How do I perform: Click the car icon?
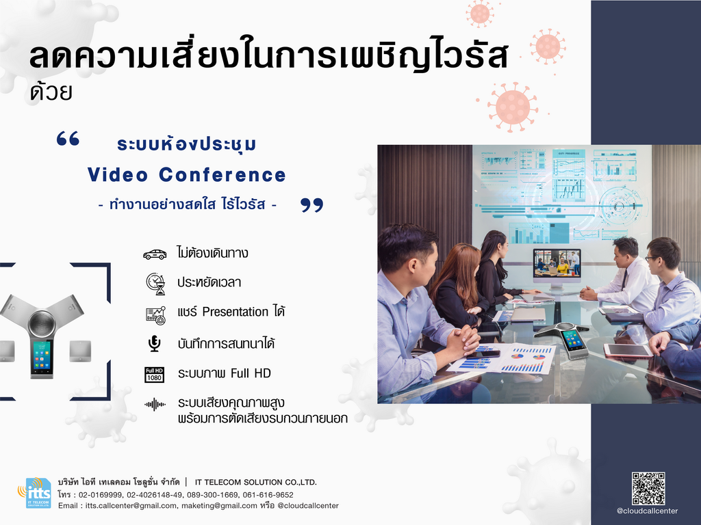click(x=155, y=254)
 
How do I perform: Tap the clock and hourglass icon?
click(x=155, y=284)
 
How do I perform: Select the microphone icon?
click(x=155, y=343)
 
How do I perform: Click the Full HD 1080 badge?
click(x=154, y=375)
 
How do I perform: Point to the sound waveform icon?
click(x=155, y=405)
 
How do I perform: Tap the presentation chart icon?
click(x=155, y=315)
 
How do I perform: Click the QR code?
click(x=648, y=488)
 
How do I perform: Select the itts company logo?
click(x=34, y=492)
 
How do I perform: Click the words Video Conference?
click(x=186, y=174)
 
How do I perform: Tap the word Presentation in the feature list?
click(x=235, y=311)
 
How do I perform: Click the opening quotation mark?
click(x=68, y=138)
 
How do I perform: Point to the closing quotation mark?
click(x=311, y=205)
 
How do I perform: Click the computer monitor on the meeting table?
click(x=557, y=268)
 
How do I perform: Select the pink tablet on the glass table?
click(x=628, y=351)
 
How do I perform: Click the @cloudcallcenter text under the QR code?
click(x=648, y=511)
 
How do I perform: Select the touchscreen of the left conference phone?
click(x=41, y=356)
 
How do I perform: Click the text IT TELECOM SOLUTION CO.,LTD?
click(x=256, y=482)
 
